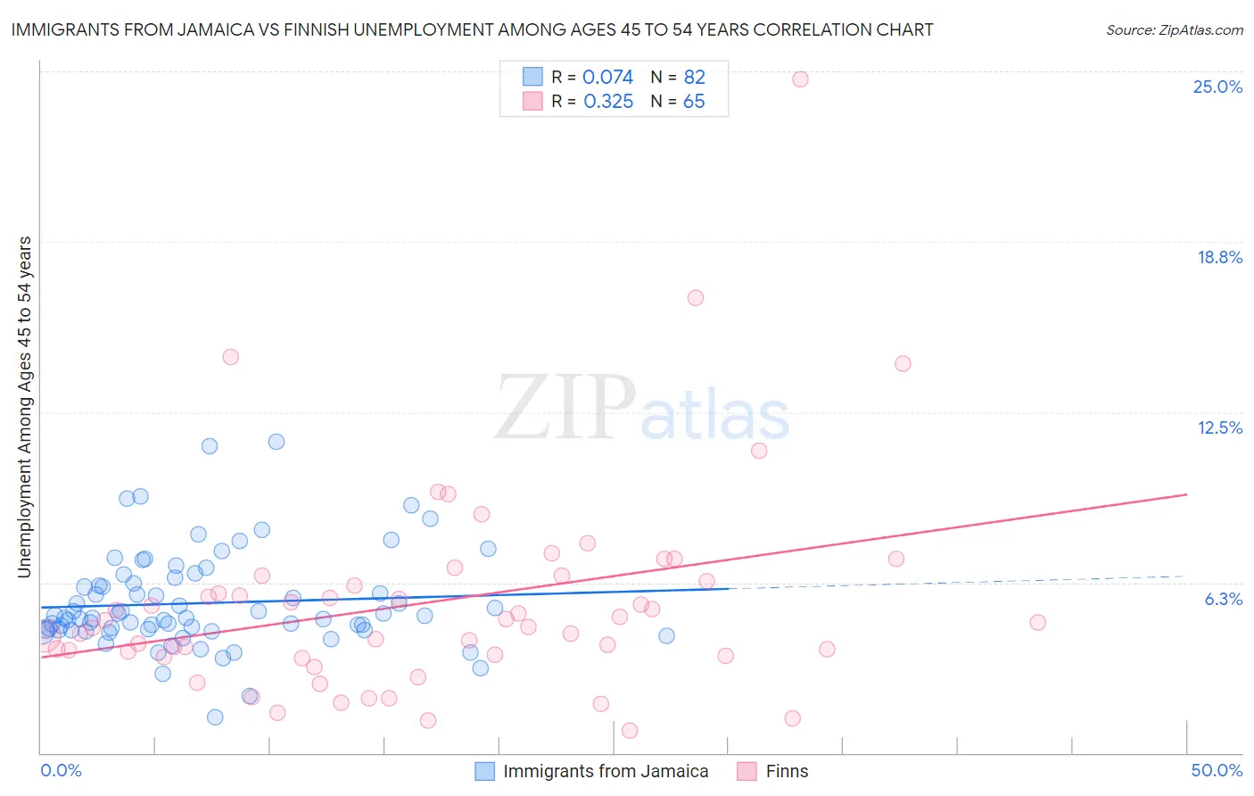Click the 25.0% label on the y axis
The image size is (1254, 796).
1217,87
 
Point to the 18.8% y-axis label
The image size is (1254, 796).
1219,257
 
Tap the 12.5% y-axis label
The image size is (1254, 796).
1219,427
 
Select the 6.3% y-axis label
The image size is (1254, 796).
1224,599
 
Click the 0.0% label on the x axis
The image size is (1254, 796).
61,770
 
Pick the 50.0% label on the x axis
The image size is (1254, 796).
1217,770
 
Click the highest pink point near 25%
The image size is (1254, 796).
800,79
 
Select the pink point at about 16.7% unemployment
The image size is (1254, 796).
696,298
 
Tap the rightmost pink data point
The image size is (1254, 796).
1037,622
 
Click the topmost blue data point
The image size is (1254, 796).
276,442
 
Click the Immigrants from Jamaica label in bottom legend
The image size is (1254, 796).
606,771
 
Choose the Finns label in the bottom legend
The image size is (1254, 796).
787,771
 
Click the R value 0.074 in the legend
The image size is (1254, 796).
607,78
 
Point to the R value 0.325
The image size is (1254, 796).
608,102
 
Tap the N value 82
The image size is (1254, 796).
694,78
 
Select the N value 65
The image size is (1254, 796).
694,102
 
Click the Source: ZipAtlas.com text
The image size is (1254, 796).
1174,30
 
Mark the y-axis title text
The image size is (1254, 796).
24,407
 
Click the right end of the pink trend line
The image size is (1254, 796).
1186,494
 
